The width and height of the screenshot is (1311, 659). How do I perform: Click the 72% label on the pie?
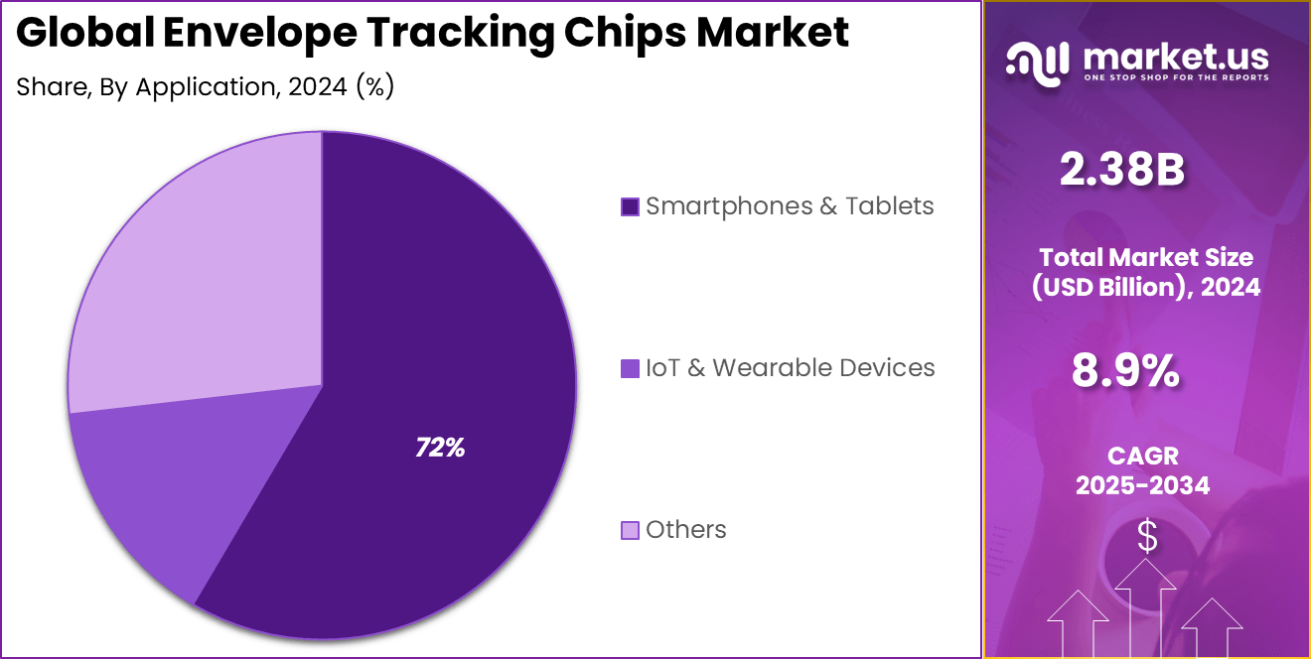(x=440, y=449)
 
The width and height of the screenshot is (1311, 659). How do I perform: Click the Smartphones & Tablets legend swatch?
(x=630, y=206)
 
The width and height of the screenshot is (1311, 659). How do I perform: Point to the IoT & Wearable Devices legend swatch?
(x=630, y=368)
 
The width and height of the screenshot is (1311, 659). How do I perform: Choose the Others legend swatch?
(x=630, y=530)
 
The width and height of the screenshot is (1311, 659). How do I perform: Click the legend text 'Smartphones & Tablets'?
(x=790, y=206)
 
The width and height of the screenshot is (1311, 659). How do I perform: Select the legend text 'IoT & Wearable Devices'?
(x=790, y=368)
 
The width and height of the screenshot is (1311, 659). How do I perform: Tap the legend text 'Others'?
(x=685, y=530)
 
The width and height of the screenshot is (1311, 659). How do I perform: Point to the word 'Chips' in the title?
(x=625, y=34)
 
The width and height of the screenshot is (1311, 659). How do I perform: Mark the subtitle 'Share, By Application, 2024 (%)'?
(x=206, y=87)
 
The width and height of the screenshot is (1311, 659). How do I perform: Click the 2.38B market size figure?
(x=1121, y=171)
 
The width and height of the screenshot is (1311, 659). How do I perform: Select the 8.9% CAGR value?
(x=1125, y=371)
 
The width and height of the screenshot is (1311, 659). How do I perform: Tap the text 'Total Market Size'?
(x=1145, y=257)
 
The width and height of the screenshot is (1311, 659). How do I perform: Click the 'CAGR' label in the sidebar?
(x=1142, y=456)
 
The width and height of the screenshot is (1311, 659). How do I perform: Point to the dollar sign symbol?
(x=1147, y=537)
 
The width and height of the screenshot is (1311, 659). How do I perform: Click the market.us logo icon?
(x=1038, y=61)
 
